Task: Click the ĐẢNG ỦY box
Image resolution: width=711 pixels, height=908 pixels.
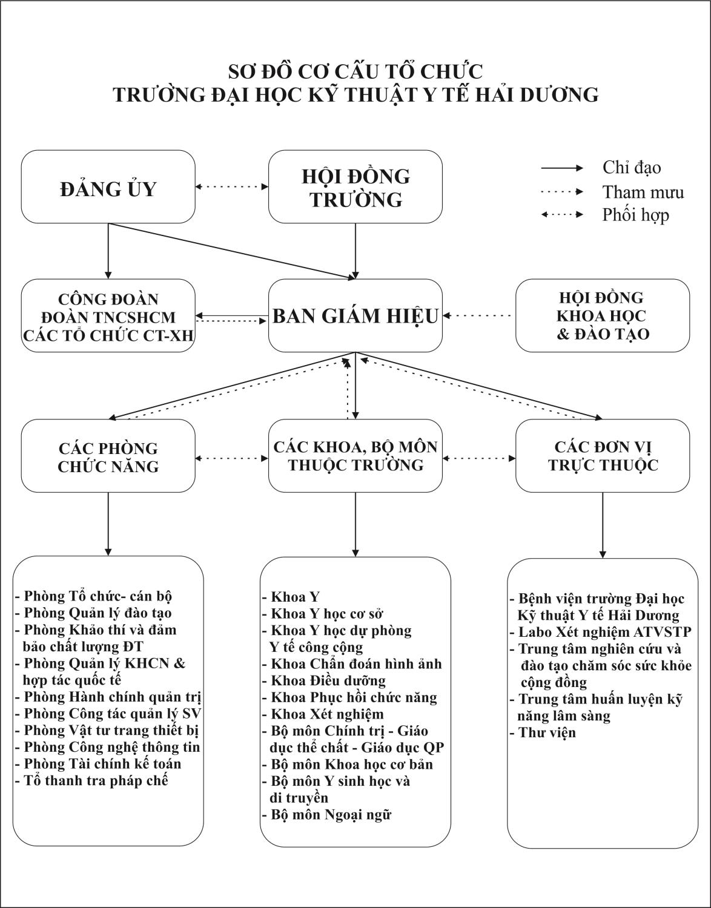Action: [x=108, y=187]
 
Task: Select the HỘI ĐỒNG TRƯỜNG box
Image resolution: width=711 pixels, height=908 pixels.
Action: [x=355, y=187]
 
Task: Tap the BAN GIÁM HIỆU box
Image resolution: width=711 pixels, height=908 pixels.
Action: [x=355, y=315]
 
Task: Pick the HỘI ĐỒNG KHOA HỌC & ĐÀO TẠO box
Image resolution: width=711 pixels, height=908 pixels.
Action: [x=603, y=315]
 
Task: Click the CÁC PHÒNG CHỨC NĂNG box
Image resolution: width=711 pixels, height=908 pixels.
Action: [x=108, y=456]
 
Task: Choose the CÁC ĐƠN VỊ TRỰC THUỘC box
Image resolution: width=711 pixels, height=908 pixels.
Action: [x=603, y=456]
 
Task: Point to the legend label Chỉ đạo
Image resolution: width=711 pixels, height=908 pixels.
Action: [x=632, y=168]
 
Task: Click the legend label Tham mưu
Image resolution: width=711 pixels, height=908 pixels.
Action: [x=643, y=192]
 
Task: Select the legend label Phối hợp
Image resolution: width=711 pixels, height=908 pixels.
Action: [x=635, y=215]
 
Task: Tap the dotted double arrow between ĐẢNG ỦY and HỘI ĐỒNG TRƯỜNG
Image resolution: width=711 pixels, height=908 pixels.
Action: [x=232, y=186]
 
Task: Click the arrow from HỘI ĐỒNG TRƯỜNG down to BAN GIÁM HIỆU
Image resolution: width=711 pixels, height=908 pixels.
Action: [x=355, y=251]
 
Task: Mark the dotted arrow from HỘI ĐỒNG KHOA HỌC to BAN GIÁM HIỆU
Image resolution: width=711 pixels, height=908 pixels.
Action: [x=477, y=316]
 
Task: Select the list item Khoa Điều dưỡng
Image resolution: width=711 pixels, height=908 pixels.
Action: [x=325, y=680]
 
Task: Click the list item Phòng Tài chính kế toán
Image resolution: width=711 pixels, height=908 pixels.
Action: [x=99, y=764]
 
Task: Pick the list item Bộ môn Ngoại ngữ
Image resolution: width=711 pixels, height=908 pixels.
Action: [x=327, y=814]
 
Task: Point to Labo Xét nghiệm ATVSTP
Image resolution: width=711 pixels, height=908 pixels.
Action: [x=601, y=632]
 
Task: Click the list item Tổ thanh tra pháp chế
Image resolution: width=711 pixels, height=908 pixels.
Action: [x=91, y=780]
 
